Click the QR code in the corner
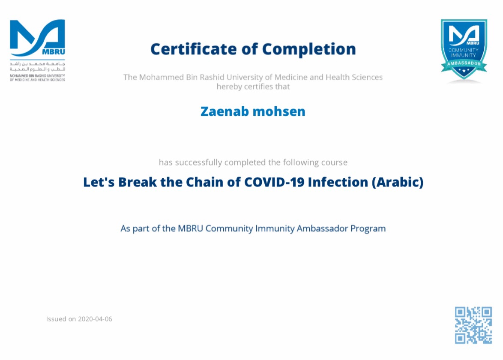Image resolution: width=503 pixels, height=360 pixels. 473,325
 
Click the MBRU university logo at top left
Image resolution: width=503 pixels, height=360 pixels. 37,51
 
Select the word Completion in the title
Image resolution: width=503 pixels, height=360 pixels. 309,50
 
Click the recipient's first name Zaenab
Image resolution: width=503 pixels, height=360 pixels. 225,111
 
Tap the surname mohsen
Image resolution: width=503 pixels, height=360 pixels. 279,111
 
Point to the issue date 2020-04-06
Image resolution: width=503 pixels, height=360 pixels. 95,319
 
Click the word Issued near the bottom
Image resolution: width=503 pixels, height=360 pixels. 56,319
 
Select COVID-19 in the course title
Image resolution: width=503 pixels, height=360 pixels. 274,182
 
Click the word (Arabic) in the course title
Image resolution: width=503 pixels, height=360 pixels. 398,182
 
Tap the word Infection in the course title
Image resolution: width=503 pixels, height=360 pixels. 338,182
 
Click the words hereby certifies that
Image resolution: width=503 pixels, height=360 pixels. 253,87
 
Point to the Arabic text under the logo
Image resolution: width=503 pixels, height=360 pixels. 37,66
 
